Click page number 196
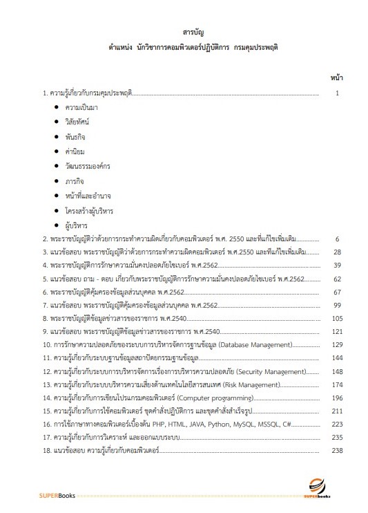337,398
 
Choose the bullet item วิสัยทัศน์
77,121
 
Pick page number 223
337,425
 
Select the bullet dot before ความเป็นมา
55,108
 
